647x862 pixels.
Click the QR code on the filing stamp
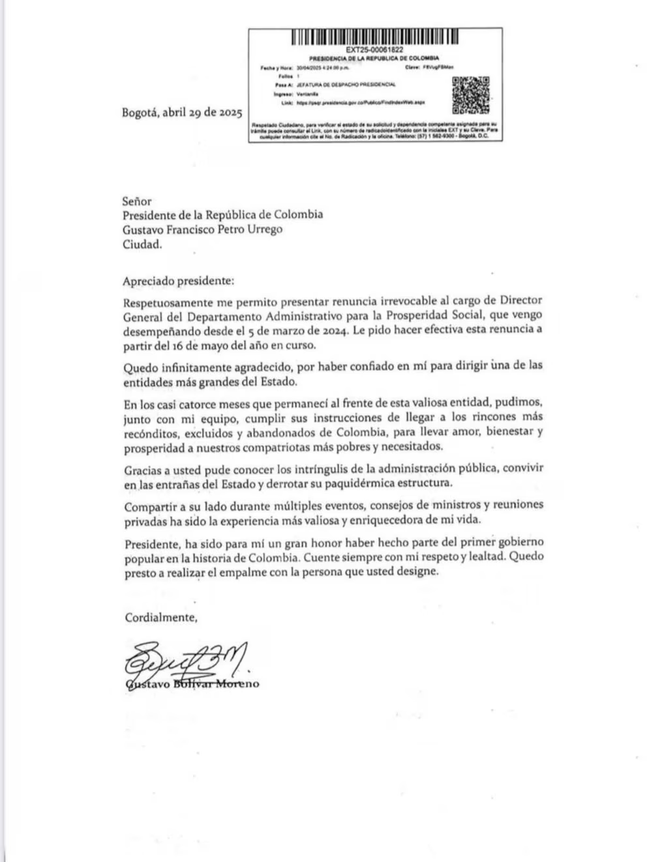click(471, 94)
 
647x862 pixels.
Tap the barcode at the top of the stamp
click(374, 37)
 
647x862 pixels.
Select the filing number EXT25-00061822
click(374, 50)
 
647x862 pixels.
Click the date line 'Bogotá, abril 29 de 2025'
click(182, 112)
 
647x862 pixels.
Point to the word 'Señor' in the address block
click(137, 201)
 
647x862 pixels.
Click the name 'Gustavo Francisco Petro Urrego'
click(203, 229)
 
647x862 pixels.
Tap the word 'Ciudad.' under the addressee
click(142, 244)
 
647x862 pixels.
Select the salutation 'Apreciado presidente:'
click(177, 281)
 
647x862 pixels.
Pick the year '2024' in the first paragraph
click(331, 330)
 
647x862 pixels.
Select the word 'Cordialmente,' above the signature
click(160, 617)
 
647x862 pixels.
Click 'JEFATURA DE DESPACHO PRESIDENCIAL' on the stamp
click(346, 85)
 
